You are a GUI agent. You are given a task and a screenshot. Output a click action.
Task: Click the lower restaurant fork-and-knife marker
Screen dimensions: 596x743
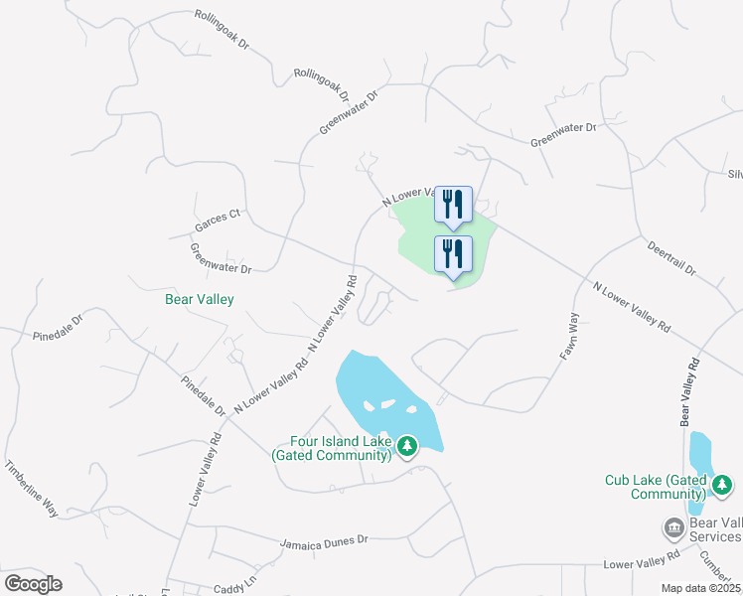pyautogui.click(x=453, y=254)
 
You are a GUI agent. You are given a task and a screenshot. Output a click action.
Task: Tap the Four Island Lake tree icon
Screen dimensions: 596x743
pyautogui.click(x=406, y=448)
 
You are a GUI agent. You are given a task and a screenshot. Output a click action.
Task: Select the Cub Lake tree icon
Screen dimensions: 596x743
pyautogui.click(x=722, y=486)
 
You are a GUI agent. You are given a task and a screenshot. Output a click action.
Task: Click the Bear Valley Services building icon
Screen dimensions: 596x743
pyautogui.click(x=673, y=525)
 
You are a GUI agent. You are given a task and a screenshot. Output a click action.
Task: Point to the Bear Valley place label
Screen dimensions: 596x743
pyautogui.click(x=200, y=298)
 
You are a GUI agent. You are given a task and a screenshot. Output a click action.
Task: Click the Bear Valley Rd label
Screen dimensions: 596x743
pyautogui.click(x=684, y=393)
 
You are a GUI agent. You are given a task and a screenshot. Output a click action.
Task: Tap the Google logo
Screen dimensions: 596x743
pyautogui.click(x=33, y=583)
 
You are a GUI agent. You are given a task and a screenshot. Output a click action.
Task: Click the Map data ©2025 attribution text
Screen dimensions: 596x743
pyautogui.click(x=700, y=588)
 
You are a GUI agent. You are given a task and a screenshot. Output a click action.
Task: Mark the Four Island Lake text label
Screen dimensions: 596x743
pyautogui.click(x=341, y=449)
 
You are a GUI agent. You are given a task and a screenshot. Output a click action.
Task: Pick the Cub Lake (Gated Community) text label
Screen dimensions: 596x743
pyautogui.click(x=656, y=487)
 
